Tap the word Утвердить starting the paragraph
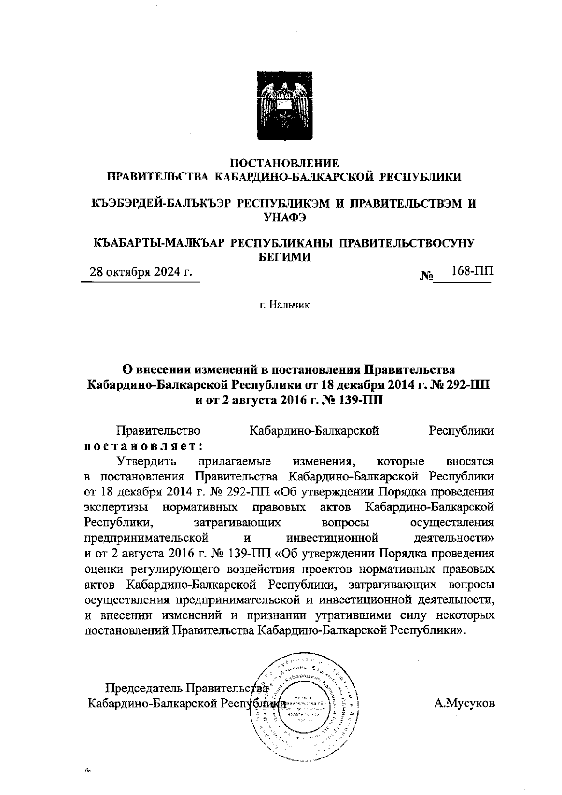[x=147, y=462]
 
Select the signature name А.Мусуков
[x=464, y=704]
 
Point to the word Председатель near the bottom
[x=144, y=689]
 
